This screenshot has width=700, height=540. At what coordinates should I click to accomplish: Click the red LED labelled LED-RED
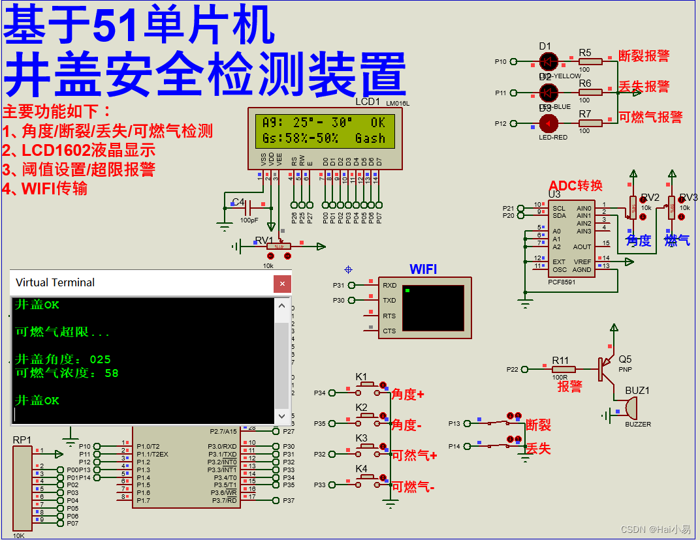click(x=549, y=123)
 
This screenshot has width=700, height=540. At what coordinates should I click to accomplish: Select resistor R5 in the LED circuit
click(x=590, y=62)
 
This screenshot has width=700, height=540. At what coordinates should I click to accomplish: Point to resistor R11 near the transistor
click(x=564, y=369)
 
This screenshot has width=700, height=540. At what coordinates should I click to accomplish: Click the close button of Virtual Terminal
click(x=282, y=283)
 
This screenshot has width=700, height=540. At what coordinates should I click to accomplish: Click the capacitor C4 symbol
click(x=247, y=209)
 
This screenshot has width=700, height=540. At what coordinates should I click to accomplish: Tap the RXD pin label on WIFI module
click(x=389, y=285)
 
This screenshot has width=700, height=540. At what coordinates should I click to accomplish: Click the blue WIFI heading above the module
click(x=423, y=269)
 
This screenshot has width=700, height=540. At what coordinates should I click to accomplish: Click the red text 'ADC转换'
click(x=575, y=186)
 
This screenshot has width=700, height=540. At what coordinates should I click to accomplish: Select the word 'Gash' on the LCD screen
click(x=370, y=138)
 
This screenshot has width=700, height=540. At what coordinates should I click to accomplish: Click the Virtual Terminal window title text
click(x=55, y=282)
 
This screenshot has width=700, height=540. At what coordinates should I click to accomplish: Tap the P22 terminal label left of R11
click(x=512, y=370)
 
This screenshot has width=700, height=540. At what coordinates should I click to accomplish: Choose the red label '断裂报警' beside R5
click(x=644, y=56)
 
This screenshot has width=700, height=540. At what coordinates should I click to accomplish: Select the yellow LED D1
click(x=549, y=62)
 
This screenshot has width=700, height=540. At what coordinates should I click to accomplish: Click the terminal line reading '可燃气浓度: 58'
click(x=67, y=373)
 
